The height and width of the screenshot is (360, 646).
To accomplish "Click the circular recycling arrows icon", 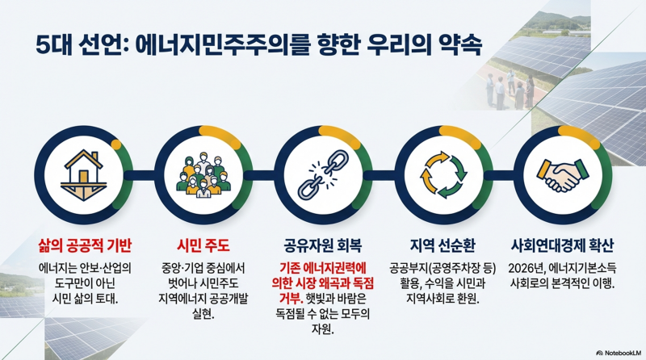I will (442, 173).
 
